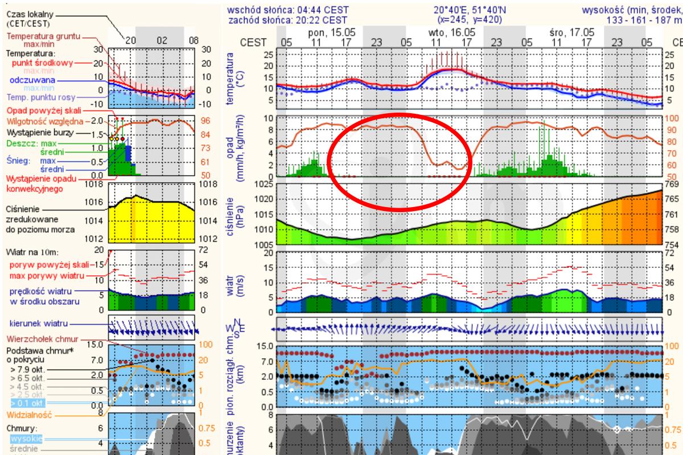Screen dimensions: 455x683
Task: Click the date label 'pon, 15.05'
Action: point(331,33)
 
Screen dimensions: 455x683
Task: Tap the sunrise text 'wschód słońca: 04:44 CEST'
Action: point(288,10)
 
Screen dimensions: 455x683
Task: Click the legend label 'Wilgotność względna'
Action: point(44,121)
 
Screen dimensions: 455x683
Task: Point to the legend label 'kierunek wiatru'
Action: point(37,323)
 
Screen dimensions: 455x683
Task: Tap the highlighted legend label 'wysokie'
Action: point(25,439)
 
